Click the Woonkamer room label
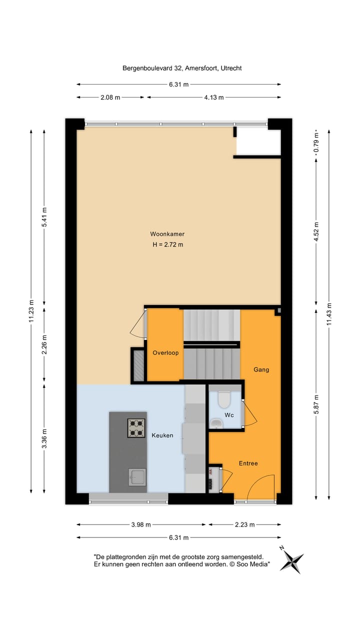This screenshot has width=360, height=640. click(x=164, y=234)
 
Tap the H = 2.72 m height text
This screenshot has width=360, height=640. click(x=167, y=244)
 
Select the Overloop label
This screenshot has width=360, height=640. click(x=165, y=352)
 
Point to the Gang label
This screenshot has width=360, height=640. click(x=261, y=369)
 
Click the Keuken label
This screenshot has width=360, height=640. click(x=162, y=435)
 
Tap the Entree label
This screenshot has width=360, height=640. click(x=248, y=463)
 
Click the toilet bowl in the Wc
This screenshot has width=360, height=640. click(x=223, y=400)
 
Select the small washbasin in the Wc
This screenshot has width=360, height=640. click(x=216, y=424)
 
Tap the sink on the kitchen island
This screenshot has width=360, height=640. click(x=137, y=477)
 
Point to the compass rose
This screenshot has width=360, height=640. click(x=291, y=559)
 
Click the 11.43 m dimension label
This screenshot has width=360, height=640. click(x=328, y=314)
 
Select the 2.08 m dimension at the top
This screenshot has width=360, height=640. click(x=110, y=97)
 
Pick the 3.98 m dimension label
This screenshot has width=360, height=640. click(x=140, y=524)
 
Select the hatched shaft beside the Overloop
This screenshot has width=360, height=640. click(x=137, y=365)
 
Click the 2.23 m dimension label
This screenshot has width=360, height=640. click(x=244, y=524)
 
